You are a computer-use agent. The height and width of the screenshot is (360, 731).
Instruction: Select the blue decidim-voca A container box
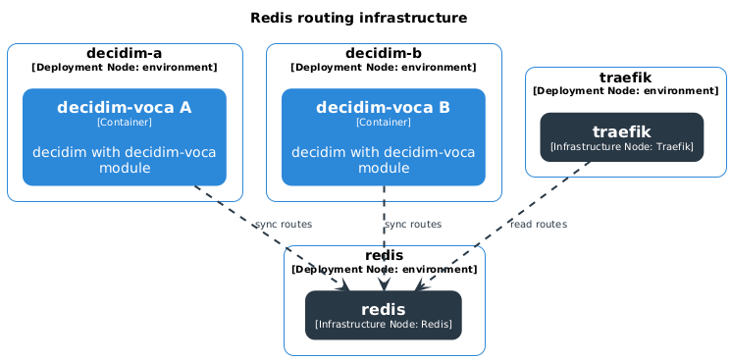pyautogui.click(x=125, y=137)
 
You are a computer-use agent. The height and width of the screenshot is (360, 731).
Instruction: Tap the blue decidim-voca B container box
pyautogui.click(x=384, y=137)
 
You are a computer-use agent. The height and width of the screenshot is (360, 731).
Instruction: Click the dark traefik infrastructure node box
pyautogui.click(x=622, y=136)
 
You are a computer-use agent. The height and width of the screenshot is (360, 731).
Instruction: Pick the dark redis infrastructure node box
pyautogui.click(x=384, y=315)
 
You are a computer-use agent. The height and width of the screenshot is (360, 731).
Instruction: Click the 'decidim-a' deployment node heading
pyautogui.click(x=125, y=52)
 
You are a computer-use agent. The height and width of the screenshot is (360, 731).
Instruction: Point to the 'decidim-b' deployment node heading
pyautogui.click(x=384, y=52)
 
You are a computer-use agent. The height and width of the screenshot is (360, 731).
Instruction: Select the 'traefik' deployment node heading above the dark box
pyautogui.click(x=626, y=77)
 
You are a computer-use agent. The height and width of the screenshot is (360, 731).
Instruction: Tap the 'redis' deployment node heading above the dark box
pyautogui.click(x=384, y=255)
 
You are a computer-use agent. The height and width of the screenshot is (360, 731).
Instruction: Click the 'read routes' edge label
pyautogui.click(x=539, y=225)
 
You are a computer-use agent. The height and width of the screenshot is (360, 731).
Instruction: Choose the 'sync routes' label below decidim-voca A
pyautogui.click(x=284, y=225)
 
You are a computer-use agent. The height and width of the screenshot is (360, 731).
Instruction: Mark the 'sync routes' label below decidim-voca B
pyautogui.click(x=413, y=225)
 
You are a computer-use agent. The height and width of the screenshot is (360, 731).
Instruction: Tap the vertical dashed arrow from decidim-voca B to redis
pyautogui.click(x=384, y=235)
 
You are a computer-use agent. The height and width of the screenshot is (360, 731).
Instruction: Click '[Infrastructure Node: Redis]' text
pyautogui.click(x=384, y=324)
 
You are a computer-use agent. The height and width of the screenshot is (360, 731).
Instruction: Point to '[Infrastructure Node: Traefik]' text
pyautogui.click(x=622, y=146)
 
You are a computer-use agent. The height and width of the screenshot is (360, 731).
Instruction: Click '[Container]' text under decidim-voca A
pyautogui.click(x=125, y=123)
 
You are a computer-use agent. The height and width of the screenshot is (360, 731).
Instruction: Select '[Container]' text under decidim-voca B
pyautogui.click(x=384, y=123)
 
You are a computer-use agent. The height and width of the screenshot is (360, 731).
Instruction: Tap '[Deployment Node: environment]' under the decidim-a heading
pyautogui.click(x=125, y=68)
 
